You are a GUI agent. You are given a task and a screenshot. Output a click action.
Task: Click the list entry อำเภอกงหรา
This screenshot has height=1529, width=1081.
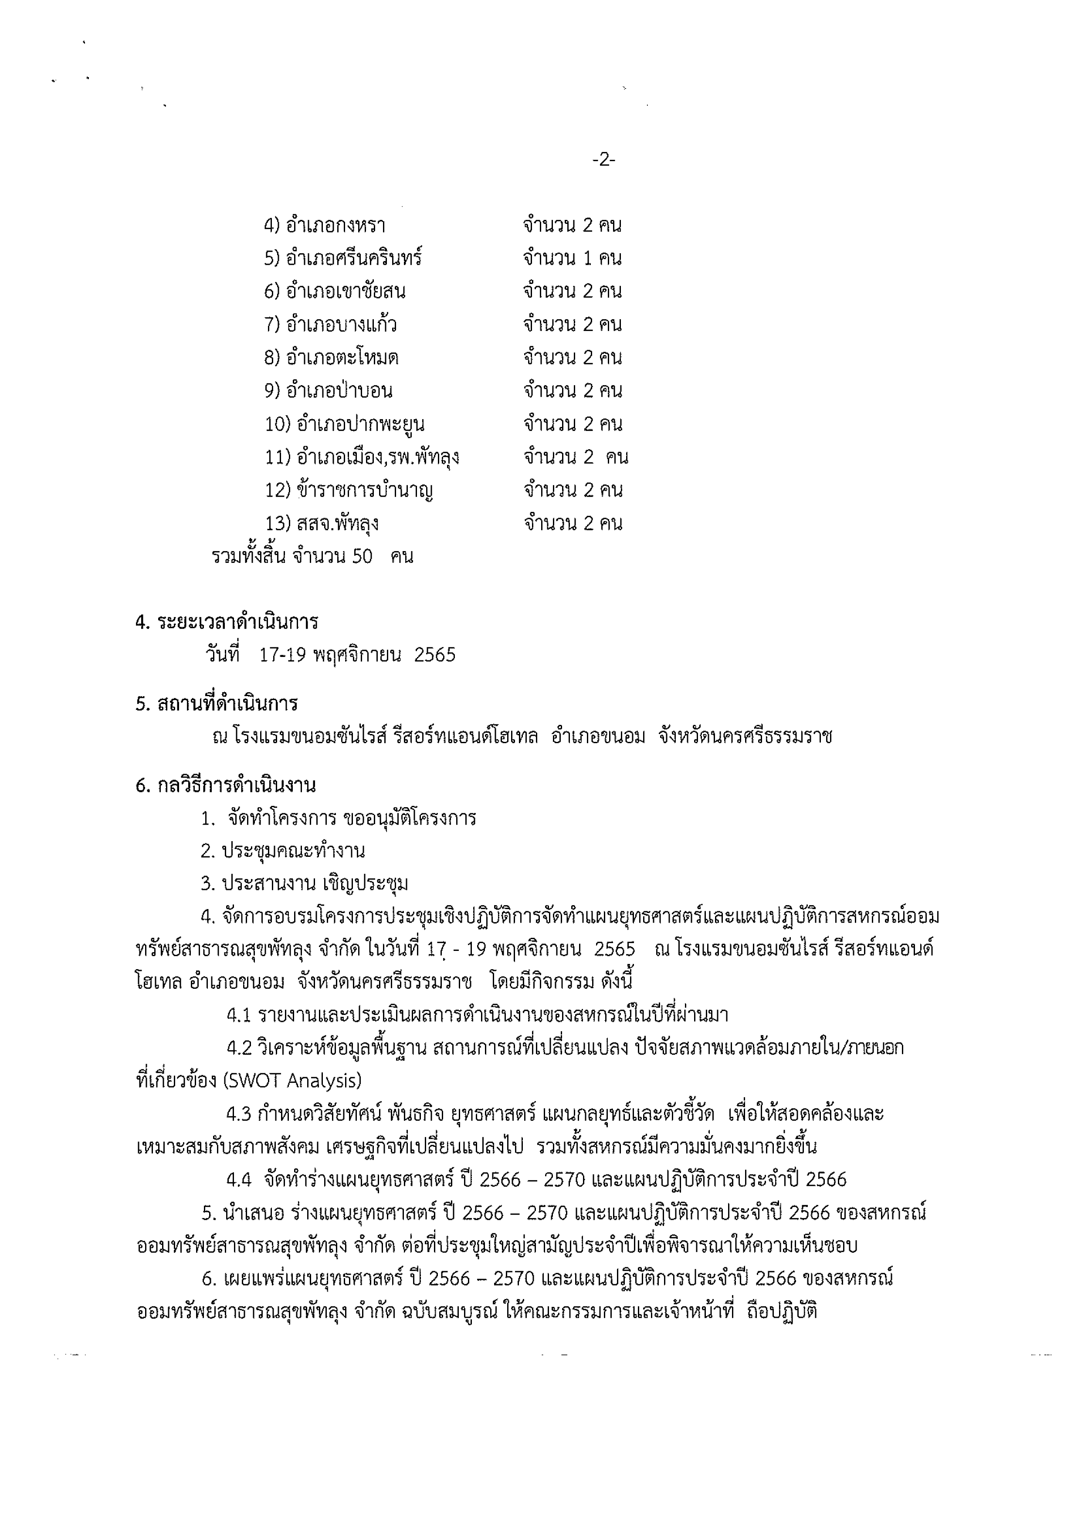tap(335, 226)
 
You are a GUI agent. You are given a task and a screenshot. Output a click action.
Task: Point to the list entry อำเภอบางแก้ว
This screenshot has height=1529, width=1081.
tap(341, 325)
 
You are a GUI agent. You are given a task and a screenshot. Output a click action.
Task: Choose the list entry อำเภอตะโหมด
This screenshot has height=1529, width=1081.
tap(342, 358)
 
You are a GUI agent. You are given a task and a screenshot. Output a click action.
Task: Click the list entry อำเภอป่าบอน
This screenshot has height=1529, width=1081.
tap(339, 391)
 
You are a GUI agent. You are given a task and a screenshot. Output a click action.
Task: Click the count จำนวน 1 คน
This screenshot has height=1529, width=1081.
tap(572, 258)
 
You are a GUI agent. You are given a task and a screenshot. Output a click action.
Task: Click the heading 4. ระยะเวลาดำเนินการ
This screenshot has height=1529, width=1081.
tap(227, 622)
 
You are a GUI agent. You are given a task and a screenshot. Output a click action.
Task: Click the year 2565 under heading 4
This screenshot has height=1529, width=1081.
tap(434, 655)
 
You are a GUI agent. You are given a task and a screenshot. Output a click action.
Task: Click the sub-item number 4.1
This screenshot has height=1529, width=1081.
tap(238, 1015)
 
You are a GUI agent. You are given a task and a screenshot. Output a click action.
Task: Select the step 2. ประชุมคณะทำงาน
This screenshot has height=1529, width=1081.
tap(283, 851)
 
